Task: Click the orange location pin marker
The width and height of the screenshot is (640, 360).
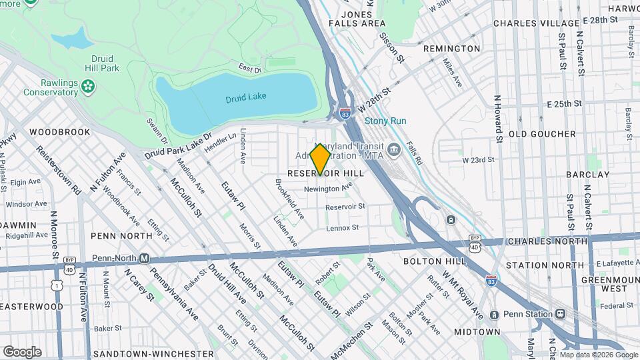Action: pos(321,159)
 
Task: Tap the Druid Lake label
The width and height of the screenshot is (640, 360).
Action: pos(245,96)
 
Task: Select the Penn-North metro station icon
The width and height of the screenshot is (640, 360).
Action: pos(143,258)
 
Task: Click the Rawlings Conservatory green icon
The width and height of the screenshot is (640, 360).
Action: pos(87,86)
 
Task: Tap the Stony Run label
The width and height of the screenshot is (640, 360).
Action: pos(385,121)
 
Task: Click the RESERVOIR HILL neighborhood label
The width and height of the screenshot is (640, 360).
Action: pos(325,173)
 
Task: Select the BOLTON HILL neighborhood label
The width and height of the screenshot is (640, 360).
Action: pos(428,262)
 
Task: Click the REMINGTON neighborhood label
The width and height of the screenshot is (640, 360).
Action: pos(451,49)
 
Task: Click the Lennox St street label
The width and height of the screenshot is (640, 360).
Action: pos(343,228)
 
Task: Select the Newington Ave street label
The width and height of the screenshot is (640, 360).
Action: pos(328,189)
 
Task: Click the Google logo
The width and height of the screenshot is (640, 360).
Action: pos(22,351)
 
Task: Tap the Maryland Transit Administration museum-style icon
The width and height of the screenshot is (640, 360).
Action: pos(393,149)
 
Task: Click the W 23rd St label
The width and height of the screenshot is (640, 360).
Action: pos(479,160)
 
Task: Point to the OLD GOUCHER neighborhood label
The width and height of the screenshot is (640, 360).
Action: pos(542,134)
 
